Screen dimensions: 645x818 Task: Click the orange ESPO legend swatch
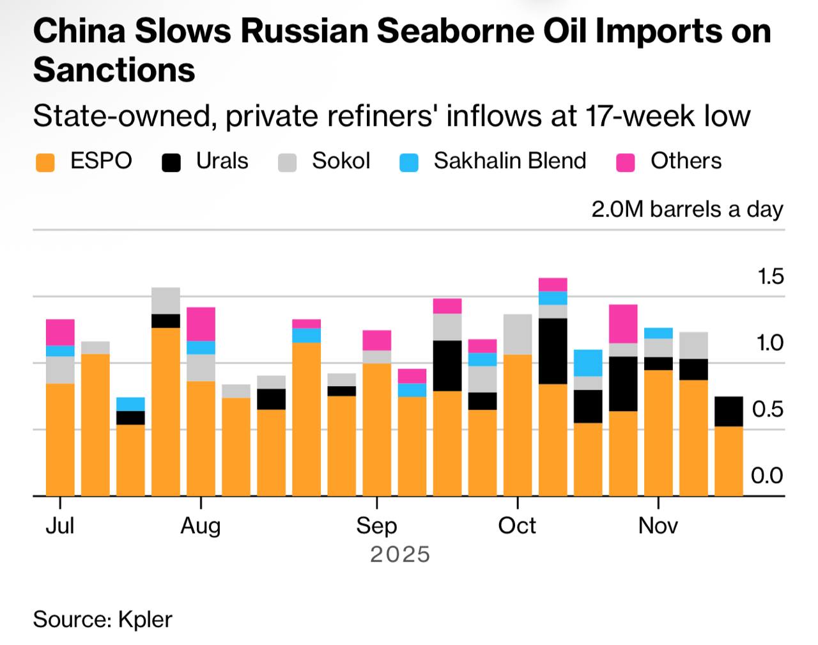(45, 162)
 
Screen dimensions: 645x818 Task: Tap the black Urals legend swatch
(171, 162)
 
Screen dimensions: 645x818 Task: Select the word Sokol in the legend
(341, 160)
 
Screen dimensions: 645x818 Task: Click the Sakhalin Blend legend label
(509, 160)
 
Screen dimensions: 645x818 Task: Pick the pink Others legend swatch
(625, 162)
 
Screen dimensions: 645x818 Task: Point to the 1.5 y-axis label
(770, 276)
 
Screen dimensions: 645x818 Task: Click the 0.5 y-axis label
(768, 409)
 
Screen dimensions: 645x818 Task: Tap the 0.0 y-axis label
(767, 476)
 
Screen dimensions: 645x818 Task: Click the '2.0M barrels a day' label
(687, 209)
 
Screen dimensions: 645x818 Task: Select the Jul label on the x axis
(60, 525)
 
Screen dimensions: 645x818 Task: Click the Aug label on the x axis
(201, 525)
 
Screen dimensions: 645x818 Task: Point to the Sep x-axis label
(376, 525)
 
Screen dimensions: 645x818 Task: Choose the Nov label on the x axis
(658, 525)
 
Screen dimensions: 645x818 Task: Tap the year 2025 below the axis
(400, 554)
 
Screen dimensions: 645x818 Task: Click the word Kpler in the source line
(145, 619)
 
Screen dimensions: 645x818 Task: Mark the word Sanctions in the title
(114, 69)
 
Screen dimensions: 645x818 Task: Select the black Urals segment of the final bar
(729, 411)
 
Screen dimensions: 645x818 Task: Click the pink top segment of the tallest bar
(553, 284)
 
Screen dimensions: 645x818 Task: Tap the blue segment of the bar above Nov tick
(658, 332)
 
